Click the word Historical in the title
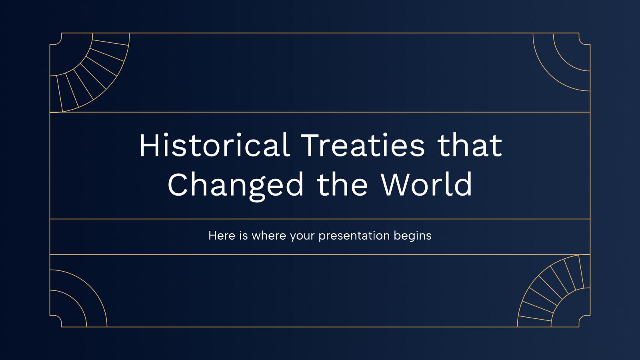pyautogui.click(x=214, y=146)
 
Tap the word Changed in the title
pyautogui.click(x=236, y=185)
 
